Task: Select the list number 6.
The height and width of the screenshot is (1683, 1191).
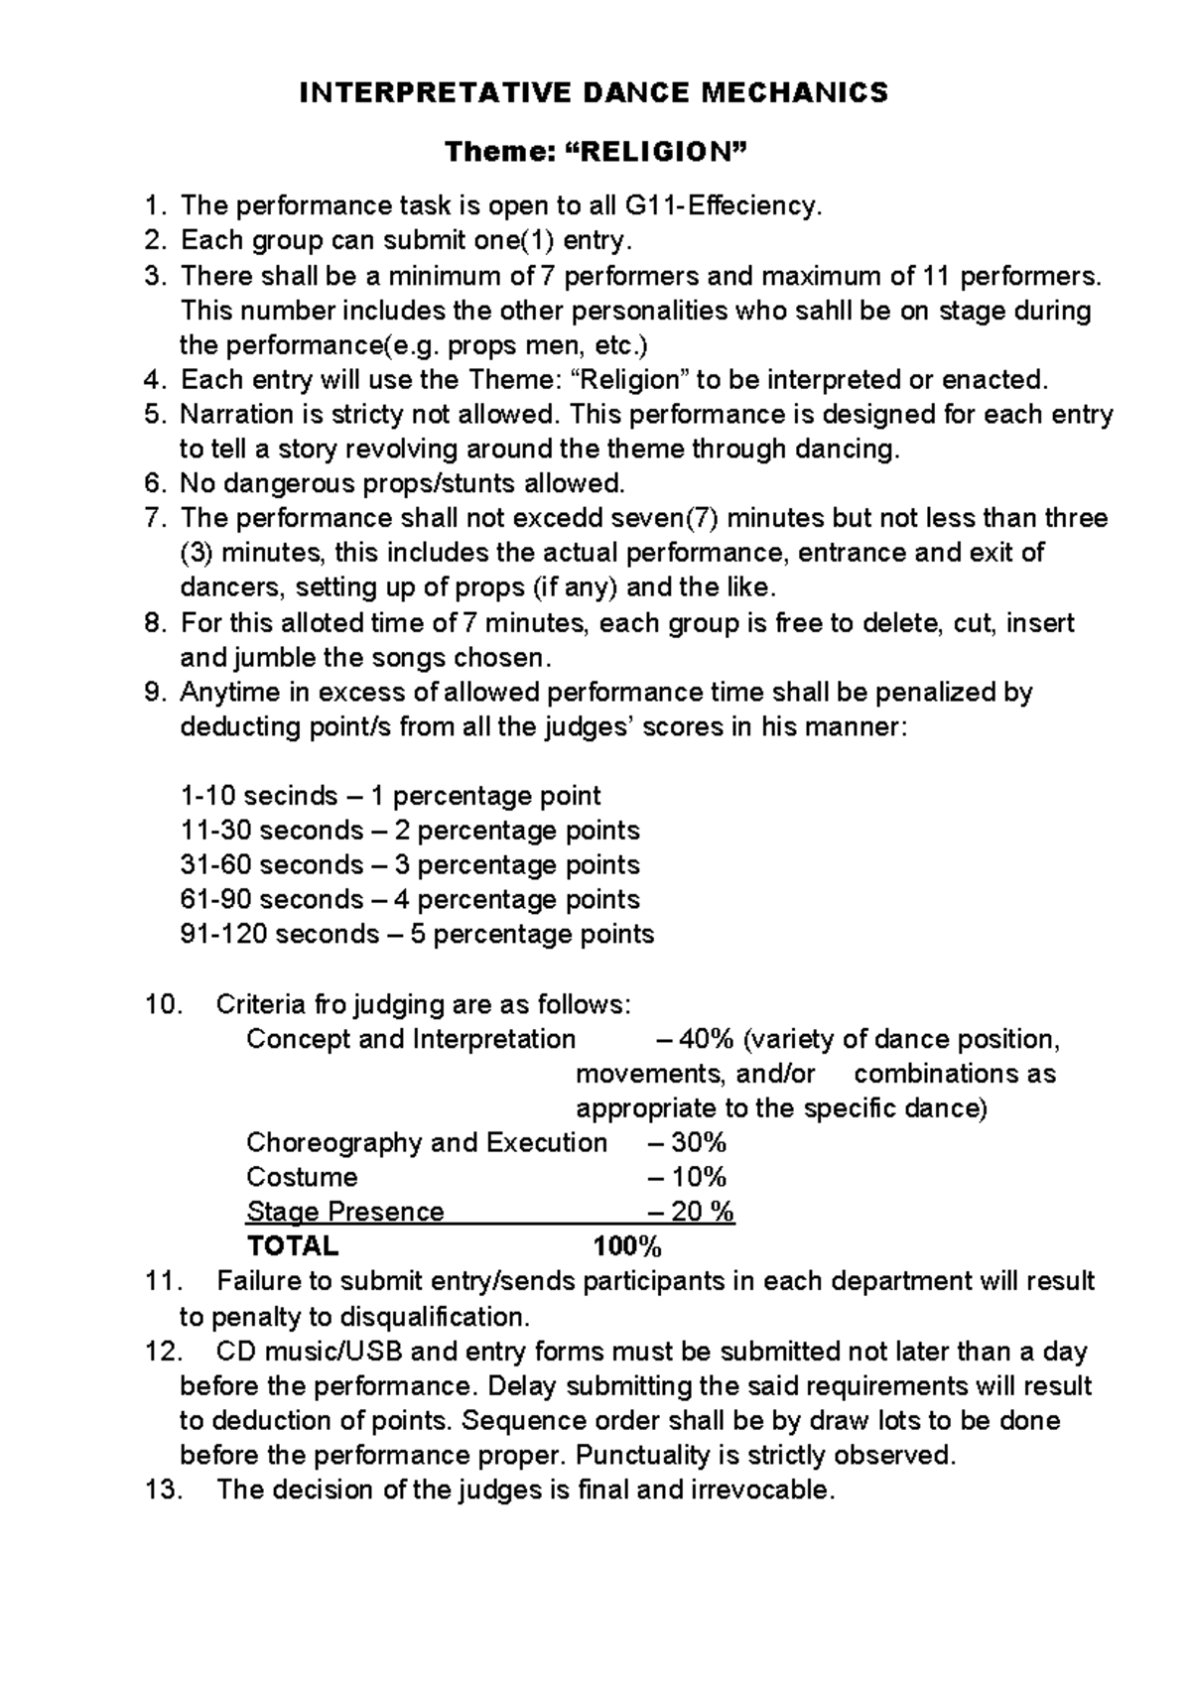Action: (x=153, y=484)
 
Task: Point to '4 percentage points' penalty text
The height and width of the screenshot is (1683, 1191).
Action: (x=517, y=899)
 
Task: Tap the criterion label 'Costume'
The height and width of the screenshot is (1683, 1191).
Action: (x=302, y=1177)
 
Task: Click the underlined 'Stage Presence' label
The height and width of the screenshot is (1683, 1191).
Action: (x=344, y=1212)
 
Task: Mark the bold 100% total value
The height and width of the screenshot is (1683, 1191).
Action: (x=627, y=1246)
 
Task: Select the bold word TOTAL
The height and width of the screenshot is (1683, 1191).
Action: (x=292, y=1246)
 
